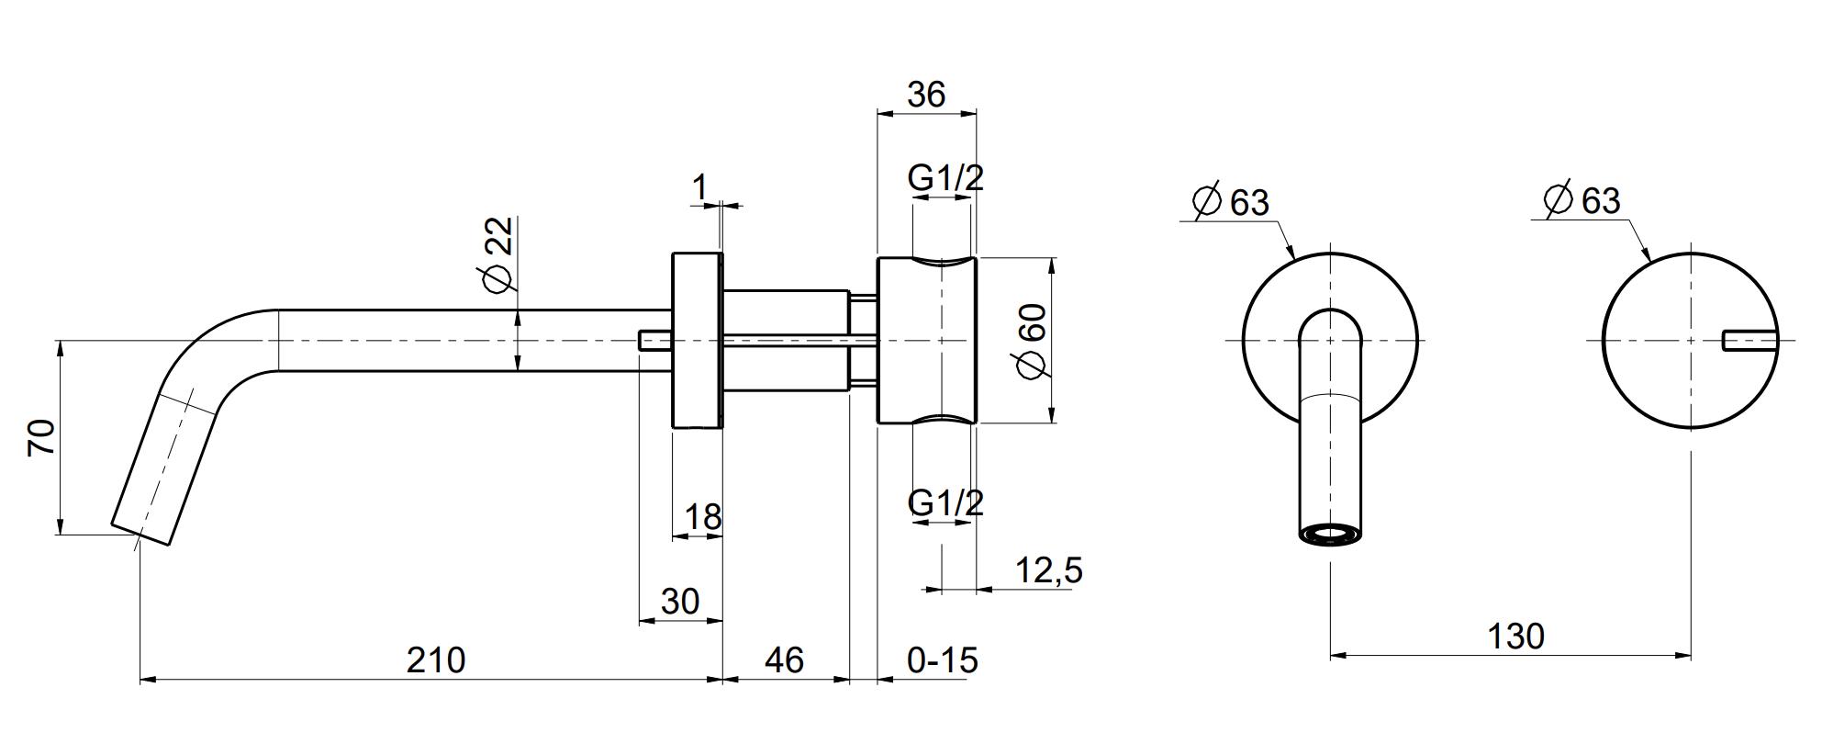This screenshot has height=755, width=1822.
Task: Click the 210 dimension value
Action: click(436, 659)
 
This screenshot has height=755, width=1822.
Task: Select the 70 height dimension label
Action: click(42, 437)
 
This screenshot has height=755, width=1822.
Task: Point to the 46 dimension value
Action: click(784, 659)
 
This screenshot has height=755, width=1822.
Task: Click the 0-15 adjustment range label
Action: click(943, 659)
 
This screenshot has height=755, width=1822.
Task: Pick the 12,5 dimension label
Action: click(1049, 570)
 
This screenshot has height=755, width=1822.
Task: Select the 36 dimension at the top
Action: click(925, 94)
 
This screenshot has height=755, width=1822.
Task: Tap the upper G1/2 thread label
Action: click(945, 177)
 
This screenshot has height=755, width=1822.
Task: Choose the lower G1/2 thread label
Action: click(945, 502)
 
